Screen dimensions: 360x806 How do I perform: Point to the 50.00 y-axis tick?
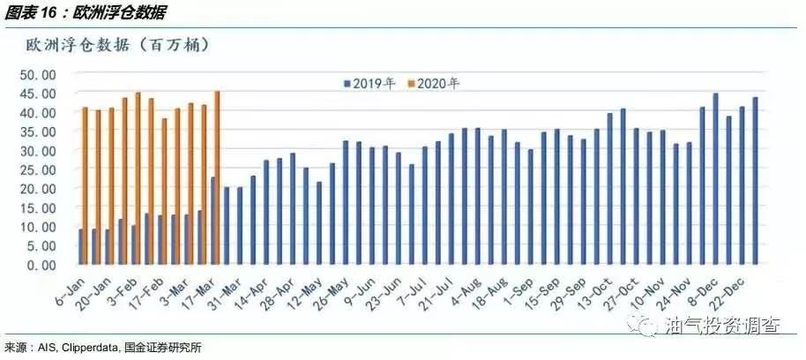point(38,74)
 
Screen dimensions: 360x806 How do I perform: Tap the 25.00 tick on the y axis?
point(38,169)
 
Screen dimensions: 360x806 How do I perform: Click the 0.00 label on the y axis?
point(41,264)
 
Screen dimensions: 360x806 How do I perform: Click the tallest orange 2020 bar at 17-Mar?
point(217,176)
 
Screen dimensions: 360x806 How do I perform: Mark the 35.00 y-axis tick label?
point(38,131)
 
